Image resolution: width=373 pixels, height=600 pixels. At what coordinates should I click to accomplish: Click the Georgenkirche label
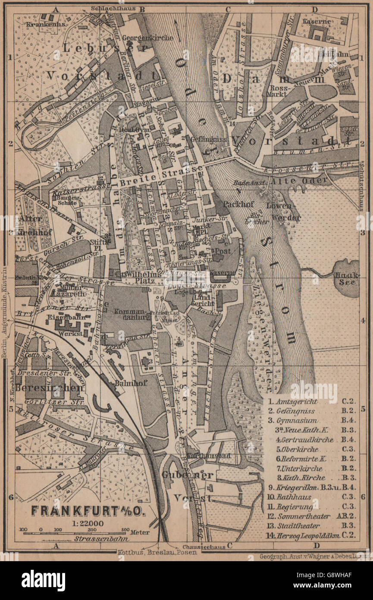(147, 38)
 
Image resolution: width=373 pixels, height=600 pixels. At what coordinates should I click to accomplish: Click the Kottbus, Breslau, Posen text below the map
(157, 552)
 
